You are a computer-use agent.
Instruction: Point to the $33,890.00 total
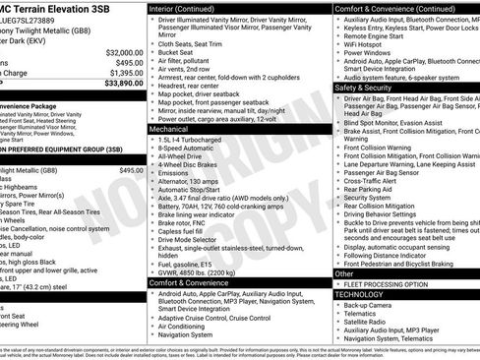tap(117, 84)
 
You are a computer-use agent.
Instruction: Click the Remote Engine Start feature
tap(375, 35)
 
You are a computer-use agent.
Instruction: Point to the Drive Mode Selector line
tap(193, 238)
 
